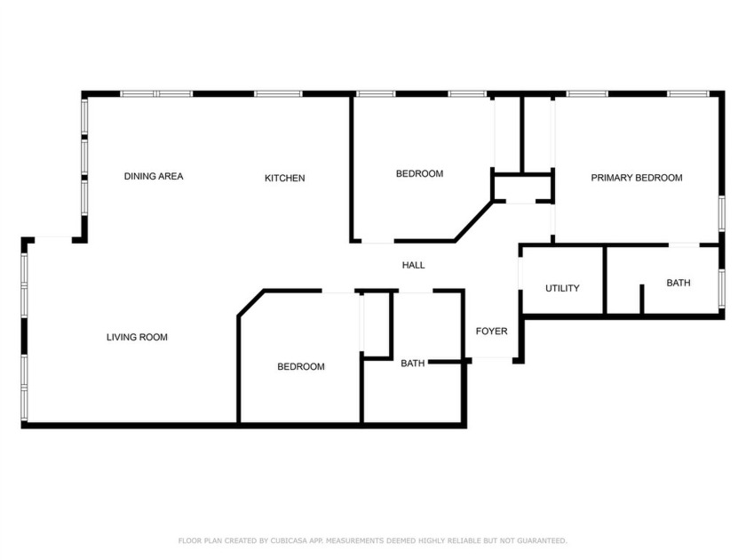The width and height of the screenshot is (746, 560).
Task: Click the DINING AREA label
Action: (153, 177)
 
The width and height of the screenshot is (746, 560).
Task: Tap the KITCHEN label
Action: (284, 178)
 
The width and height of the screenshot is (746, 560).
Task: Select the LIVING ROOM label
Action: (137, 337)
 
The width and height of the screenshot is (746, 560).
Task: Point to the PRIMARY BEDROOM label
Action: (637, 178)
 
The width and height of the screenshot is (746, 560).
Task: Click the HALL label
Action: (413, 265)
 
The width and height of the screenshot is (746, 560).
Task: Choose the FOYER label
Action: (491, 332)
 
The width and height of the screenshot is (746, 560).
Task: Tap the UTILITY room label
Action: (562, 288)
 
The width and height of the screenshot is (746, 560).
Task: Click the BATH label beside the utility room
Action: (679, 283)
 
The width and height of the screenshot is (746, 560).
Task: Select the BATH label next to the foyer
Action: (412, 363)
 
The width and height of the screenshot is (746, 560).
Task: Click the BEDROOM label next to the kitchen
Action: (419, 173)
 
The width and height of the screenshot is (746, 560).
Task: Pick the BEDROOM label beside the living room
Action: (300, 366)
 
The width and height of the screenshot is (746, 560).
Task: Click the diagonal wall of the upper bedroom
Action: (473, 221)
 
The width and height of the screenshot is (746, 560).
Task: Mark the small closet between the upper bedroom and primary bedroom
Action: (523, 188)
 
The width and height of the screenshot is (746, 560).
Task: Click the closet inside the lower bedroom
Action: (377, 324)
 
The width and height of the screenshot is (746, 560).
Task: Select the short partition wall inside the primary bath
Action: (641, 299)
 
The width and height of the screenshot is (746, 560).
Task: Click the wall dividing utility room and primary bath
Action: (605, 279)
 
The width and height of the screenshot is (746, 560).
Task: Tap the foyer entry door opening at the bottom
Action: (491, 358)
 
